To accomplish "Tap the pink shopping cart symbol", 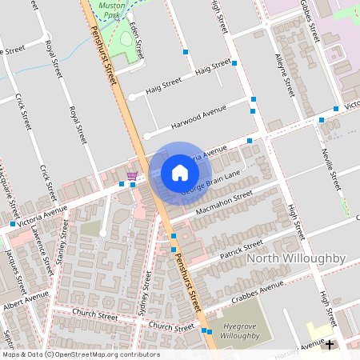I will (132, 175).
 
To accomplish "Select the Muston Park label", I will (112, 10).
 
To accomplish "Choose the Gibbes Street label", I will (314, 22).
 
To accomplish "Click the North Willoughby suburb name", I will (295, 258).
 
